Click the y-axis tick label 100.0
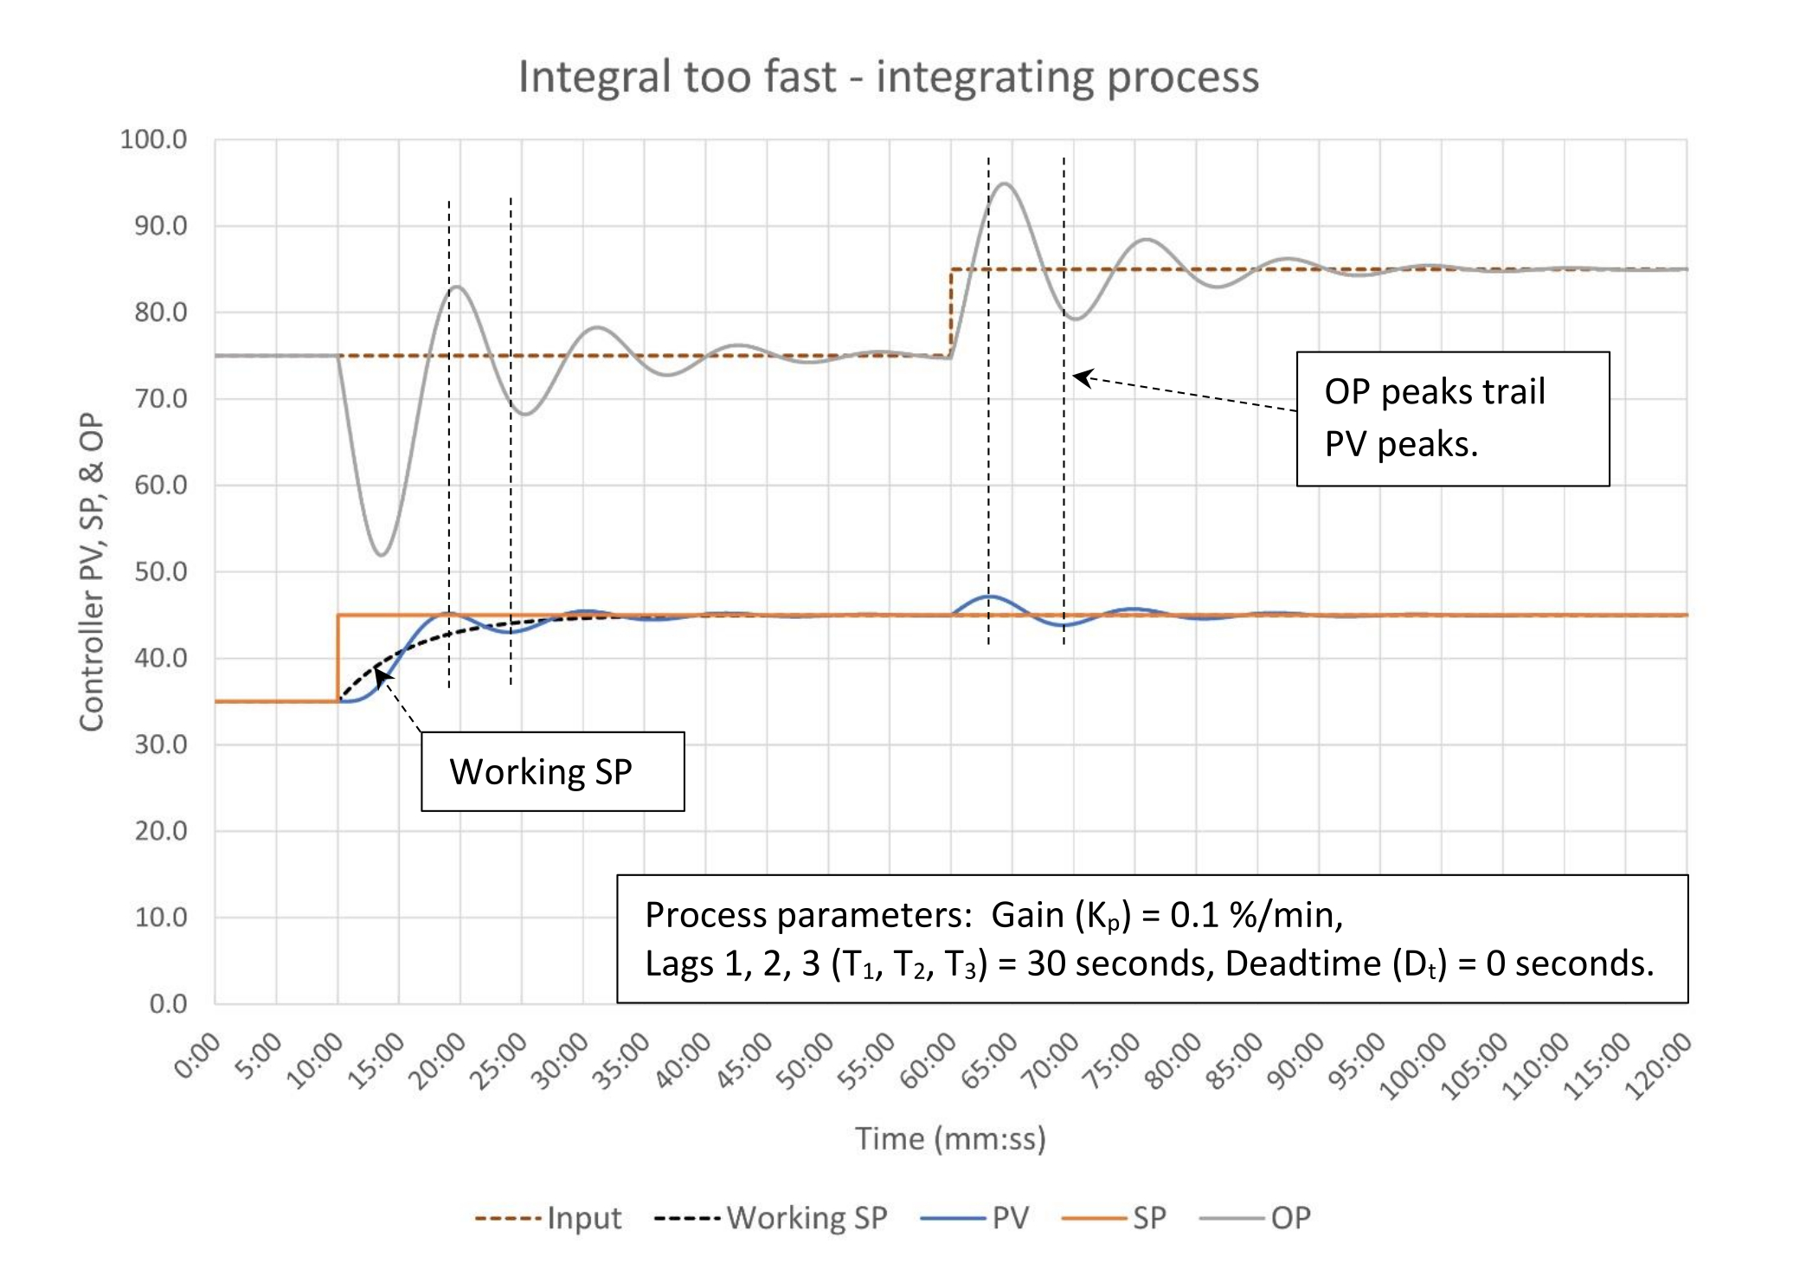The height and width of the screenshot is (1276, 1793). tap(153, 139)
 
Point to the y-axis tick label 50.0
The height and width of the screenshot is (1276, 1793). tap(160, 571)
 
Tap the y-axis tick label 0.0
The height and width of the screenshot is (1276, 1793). tap(168, 1003)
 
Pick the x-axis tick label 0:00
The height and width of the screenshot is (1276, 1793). tap(198, 1056)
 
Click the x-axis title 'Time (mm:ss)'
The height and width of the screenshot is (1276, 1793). tap(950, 1138)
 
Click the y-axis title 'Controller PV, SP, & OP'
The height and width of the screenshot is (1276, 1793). tap(92, 571)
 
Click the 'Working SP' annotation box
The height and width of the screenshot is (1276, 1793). tap(552, 771)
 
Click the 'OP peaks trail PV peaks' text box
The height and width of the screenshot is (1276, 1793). tap(1452, 418)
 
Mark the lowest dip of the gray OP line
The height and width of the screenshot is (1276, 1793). tap(382, 555)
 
